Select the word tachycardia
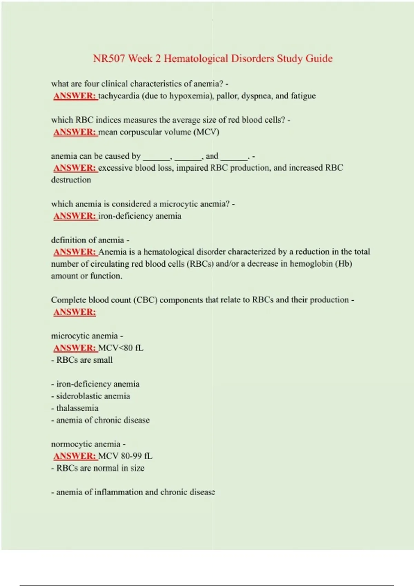(x=119, y=96)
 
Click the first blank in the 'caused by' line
(x=157, y=157)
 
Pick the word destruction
(x=71, y=180)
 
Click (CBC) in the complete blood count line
(x=145, y=300)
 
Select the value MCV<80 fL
(x=121, y=348)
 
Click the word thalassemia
(x=77, y=408)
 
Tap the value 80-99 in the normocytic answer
(x=131, y=456)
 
